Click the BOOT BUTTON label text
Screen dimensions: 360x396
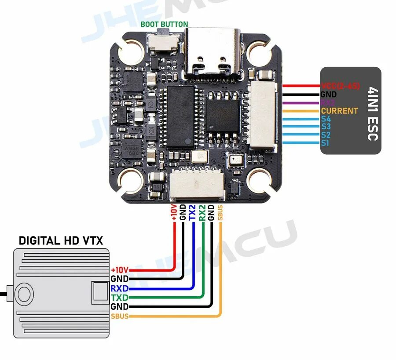pyautogui.click(x=164, y=24)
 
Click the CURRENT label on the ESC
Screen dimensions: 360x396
pyautogui.click(x=339, y=111)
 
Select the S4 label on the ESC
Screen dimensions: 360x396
pyautogui.click(x=326, y=119)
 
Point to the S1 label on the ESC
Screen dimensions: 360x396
pyautogui.click(x=325, y=143)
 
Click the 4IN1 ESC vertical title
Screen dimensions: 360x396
pyautogui.click(x=372, y=111)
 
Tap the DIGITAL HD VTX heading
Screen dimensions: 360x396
pyautogui.click(x=61, y=240)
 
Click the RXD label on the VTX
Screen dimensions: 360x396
pyautogui.click(x=120, y=288)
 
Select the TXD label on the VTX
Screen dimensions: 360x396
pyautogui.click(x=120, y=298)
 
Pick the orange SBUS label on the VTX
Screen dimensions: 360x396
pyautogui.click(x=120, y=316)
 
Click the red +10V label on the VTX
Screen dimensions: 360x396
pyautogui.click(x=120, y=270)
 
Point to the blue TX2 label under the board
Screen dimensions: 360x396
pyautogui.click(x=192, y=212)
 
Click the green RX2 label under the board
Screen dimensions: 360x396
pyautogui.click(x=202, y=212)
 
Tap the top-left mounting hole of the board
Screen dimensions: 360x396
pyautogui.click(x=131, y=51)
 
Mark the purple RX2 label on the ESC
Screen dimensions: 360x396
pyautogui.click(x=328, y=103)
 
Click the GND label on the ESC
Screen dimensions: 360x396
pyautogui.click(x=329, y=95)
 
